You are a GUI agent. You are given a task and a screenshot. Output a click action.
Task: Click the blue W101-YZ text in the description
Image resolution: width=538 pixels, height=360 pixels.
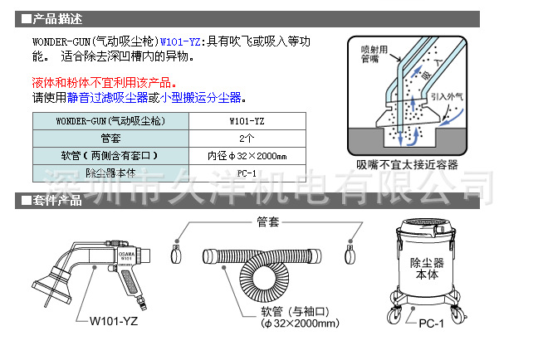coord(181,41)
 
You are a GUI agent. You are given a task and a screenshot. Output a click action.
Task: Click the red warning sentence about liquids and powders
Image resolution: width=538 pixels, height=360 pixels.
coord(104,83)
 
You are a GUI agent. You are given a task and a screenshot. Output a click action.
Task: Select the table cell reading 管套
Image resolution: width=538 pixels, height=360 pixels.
coord(110,138)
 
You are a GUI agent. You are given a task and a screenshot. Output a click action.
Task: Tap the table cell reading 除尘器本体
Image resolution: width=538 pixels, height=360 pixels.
coord(110,173)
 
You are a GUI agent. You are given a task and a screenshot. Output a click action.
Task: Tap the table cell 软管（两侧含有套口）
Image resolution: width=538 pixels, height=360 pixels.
coord(110,155)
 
